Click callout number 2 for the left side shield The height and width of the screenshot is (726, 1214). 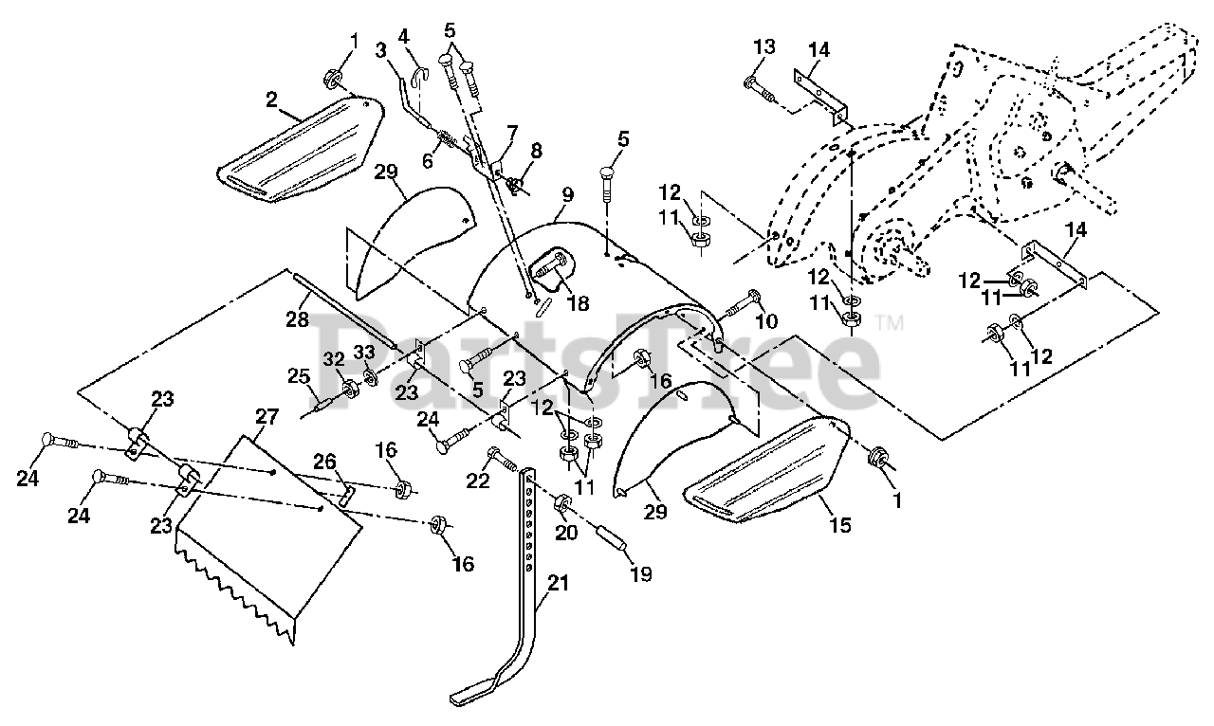click(x=270, y=98)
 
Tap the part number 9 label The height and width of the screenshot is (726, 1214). click(x=567, y=194)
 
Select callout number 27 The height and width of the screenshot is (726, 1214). click(x=267, y=417)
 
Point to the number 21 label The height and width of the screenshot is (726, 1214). click(x=558, y=584)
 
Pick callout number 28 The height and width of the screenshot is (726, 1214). click(x=298, y=319)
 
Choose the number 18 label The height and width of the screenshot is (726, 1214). click(x=577, y=303)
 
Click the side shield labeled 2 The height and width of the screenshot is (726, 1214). click(x=299, y=152)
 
